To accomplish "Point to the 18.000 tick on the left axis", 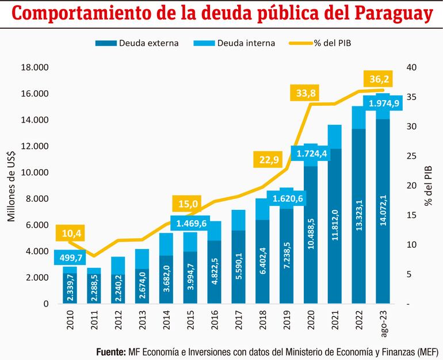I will tap(36, 68).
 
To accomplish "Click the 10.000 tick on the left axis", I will tap(36, 173).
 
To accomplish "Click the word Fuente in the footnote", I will tap(110, 351).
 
